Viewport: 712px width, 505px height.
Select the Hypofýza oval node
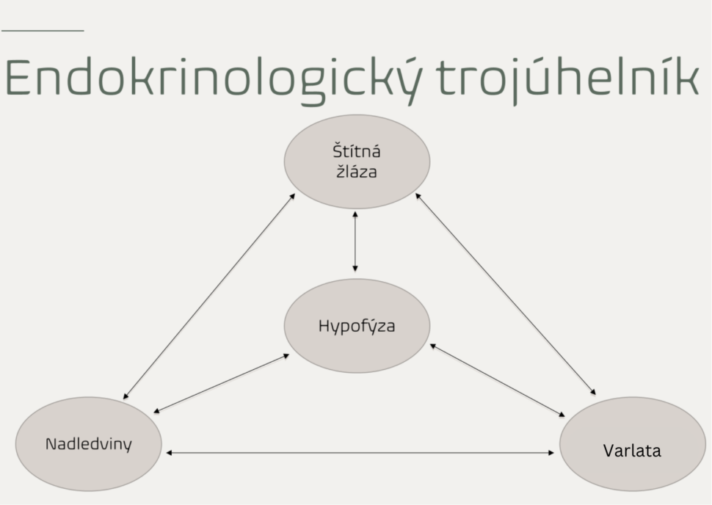pos(357,326)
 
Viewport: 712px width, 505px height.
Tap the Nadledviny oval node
pos(89,443)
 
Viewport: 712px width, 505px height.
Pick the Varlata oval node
pos(633,443)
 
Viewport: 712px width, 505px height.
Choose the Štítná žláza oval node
pos(357,161)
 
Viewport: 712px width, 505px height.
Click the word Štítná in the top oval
pos(357,151)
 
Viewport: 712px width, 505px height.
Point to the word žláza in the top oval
pos(357,172)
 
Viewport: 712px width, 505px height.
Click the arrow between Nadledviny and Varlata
pos(360,453)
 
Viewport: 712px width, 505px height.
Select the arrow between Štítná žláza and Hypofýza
pos(355,241)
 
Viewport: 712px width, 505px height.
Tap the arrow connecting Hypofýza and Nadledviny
pos(222,383)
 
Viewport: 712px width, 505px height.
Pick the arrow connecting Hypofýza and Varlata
pos(498,380)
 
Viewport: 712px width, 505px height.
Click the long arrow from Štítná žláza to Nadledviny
pos(209,297)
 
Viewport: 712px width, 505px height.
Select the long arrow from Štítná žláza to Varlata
pos(506,294)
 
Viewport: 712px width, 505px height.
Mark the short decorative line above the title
pos(43,31)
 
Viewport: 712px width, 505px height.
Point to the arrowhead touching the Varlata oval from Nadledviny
pos(551,453)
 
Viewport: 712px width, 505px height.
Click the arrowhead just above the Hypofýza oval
pos(355,269)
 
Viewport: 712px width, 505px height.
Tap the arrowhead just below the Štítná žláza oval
pos(355,214)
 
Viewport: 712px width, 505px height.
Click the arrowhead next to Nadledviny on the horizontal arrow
pos(170,453)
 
